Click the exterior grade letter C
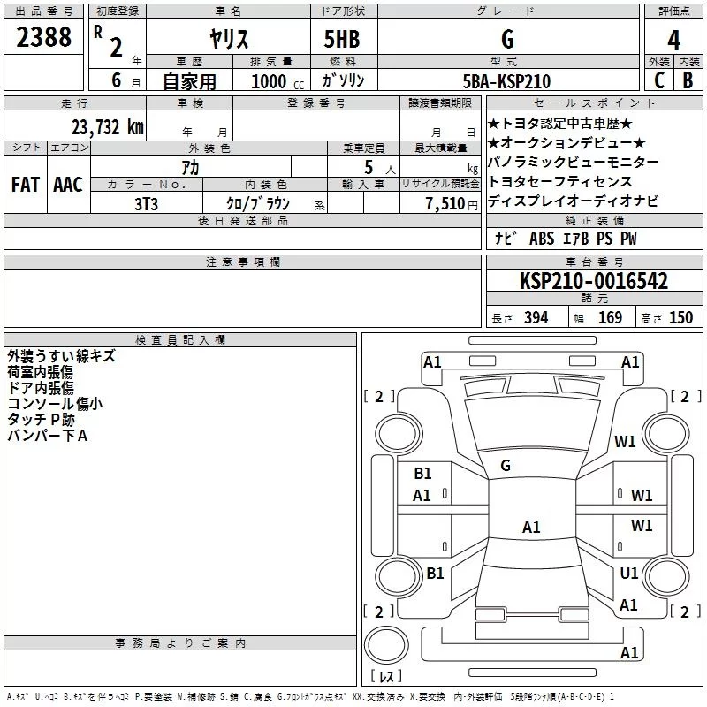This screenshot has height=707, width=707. coord(658,81)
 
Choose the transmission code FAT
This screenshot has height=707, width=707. coord(26,184)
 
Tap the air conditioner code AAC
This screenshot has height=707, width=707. coord(68,184)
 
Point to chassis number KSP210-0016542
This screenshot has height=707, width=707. coord(593,281)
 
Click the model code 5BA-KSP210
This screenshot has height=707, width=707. coord(506,81)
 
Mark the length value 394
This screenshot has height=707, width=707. coord(536,318)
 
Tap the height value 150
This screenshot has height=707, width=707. coord(680,318)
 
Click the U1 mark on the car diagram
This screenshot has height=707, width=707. coord(629,574)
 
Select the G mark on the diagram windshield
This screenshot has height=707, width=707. coord(506,466)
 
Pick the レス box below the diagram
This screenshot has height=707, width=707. coord(386,677)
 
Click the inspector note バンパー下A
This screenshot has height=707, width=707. coord(47,435)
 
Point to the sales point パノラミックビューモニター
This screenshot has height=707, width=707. coord(574,163)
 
